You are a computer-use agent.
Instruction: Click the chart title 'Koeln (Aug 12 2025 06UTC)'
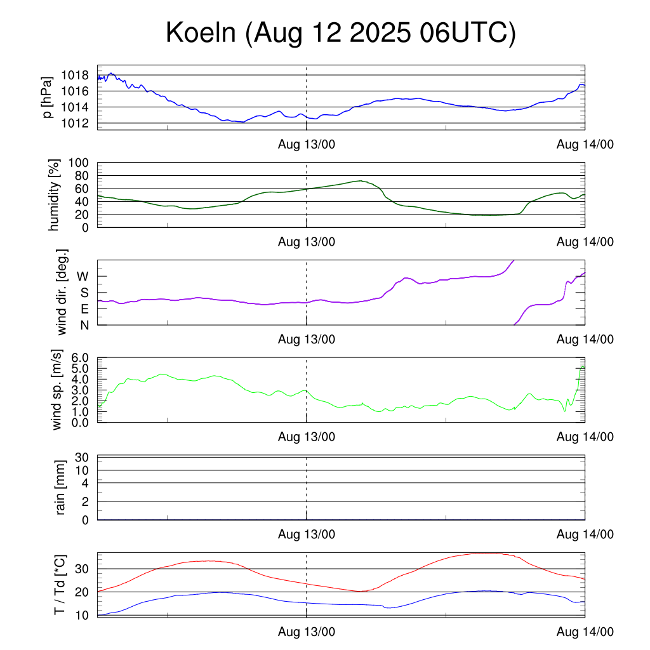pos(341,33)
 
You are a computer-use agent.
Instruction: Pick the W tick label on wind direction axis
pos(83,277)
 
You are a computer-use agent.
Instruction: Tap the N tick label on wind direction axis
pos(83,325)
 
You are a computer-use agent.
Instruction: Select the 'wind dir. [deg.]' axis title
pos(62,292)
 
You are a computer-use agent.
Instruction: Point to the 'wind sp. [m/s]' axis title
pos(57,390)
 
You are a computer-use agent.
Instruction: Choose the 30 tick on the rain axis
pos(83,457)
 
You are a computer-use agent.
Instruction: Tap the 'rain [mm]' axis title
pos(61,487)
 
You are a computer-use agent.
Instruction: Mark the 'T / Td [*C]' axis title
pos(59,585)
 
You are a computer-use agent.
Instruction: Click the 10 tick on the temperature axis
pos(83,615)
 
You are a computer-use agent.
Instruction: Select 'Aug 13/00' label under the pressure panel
pos(307,144)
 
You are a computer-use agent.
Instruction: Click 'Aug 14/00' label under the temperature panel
pos(585,632)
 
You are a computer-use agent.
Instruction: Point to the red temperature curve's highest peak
pos(486,553)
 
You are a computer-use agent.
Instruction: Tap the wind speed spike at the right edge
pos(583,366)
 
